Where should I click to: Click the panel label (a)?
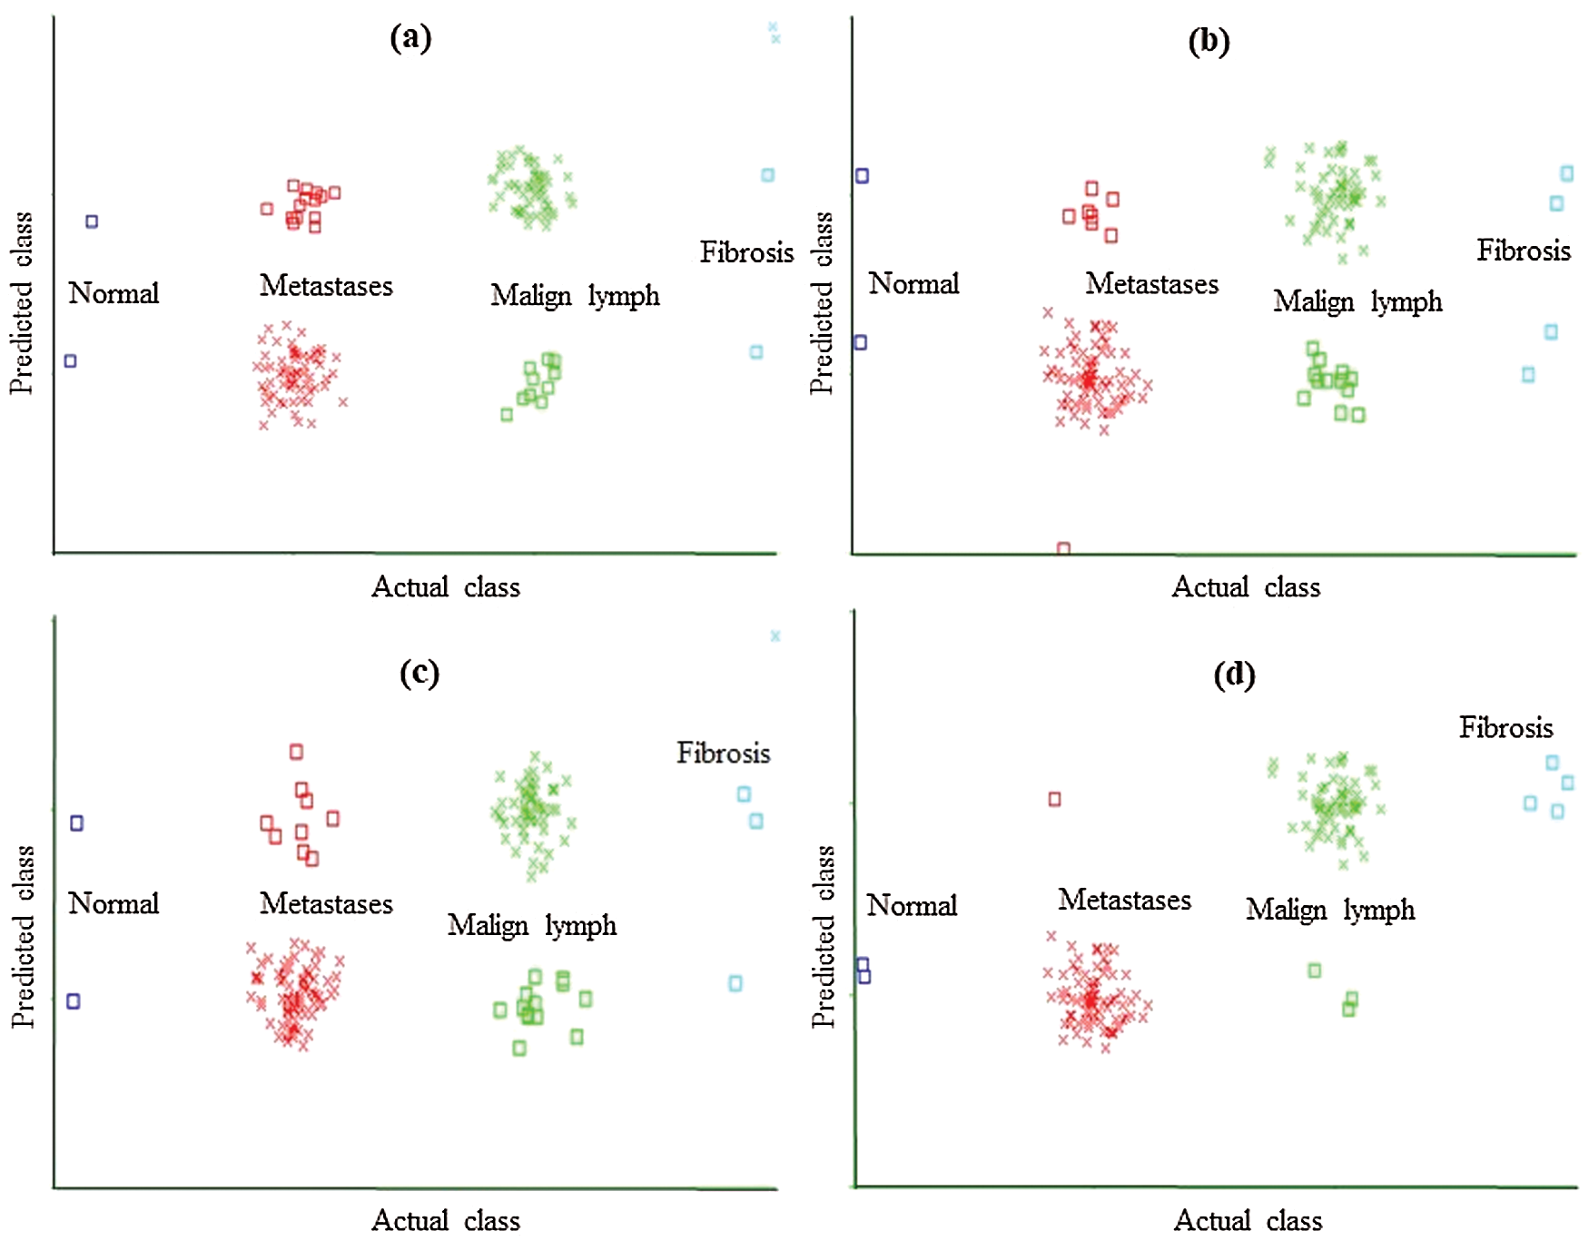pos(410,38)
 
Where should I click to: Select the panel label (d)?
pos(1234,675)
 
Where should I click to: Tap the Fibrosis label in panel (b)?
pos(1523,251)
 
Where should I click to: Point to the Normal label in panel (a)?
pos(113,293)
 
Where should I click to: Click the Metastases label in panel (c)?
pos(326,903)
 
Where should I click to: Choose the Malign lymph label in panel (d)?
pos(1330,910)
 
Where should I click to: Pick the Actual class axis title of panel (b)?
pos(1246,587)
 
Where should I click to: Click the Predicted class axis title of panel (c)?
pos(22,937)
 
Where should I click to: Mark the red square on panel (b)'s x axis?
pos(1063,549)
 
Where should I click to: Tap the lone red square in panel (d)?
pos(1054,800)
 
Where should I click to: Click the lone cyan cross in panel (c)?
pos(775,636)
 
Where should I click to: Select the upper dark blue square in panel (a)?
pos(92,222)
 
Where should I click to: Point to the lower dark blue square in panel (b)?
pos(861,342)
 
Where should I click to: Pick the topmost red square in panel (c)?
pos(296,752)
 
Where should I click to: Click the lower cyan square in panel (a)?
pos(756,352)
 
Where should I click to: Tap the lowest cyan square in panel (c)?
pos(735,983)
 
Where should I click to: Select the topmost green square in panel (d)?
pos(1314,970)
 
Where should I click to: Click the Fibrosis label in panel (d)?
pos(1505,728)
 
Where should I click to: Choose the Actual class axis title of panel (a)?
pos(446,587)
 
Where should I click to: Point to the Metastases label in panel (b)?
pos(1151,284)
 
